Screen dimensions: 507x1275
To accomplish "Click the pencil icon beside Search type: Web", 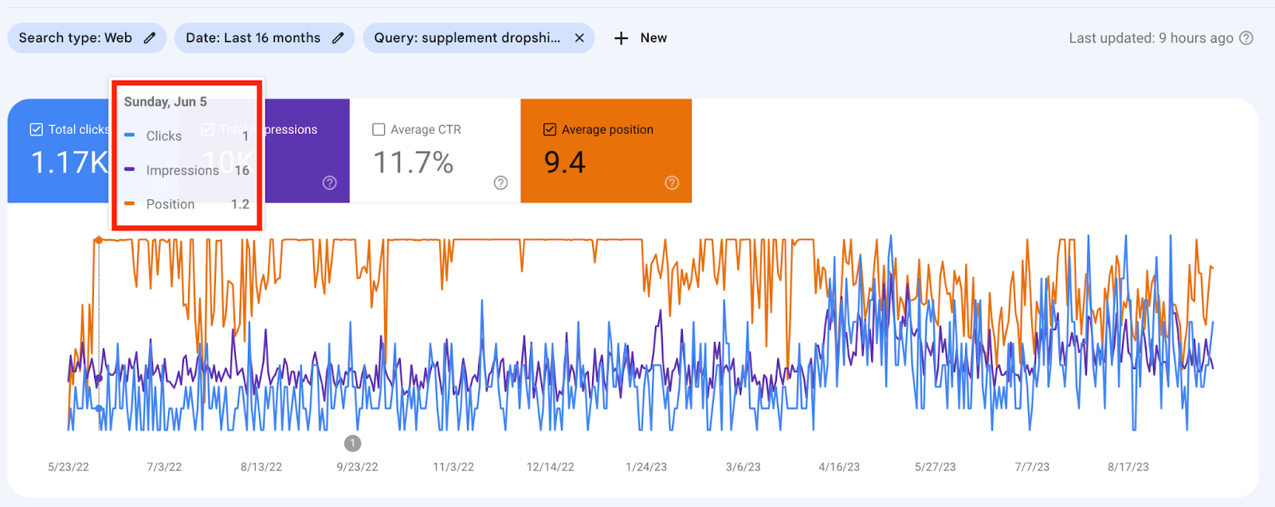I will click(150, 38).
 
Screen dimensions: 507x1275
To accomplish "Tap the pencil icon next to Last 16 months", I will click(338, 38).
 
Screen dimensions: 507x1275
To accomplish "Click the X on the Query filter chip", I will click(579, 38).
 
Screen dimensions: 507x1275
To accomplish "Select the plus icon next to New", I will click(622, 38).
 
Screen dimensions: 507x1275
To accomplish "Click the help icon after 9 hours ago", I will click(1246, 38).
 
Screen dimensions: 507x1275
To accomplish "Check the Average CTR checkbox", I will click(379, 130).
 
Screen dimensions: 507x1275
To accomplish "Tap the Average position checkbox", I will click(550, 130).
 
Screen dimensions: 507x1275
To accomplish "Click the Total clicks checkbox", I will click(37, 130).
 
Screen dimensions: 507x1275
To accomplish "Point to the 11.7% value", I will click(414, 163).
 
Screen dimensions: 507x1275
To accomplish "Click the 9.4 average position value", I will click(565, 163).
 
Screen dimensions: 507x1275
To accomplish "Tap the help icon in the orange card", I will click(672, 183).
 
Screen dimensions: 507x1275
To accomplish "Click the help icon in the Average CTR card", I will click(500, 183).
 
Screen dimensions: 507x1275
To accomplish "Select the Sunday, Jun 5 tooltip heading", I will click(166, 102).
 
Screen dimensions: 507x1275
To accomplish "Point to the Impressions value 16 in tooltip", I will click(242, 171).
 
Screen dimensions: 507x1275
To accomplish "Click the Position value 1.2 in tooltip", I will click(240, 204).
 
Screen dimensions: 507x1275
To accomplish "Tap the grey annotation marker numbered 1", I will click(352, 443).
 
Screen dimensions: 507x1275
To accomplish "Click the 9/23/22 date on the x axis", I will click(357, 467).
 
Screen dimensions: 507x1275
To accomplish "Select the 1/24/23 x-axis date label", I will click(646, 467).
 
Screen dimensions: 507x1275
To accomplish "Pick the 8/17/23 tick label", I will click(1128, 467).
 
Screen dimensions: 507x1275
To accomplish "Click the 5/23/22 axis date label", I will click(69, 467).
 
